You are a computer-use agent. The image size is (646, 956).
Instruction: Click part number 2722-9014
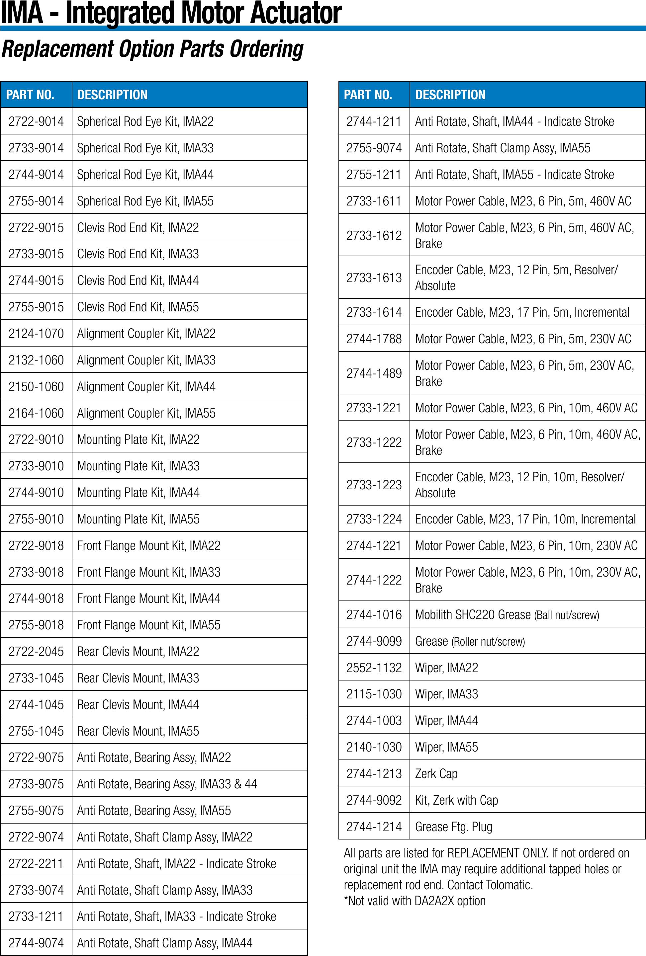point(36,121)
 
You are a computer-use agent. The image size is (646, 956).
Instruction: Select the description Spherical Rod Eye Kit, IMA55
point(145,201)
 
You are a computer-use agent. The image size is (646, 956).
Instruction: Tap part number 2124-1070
point(36,334)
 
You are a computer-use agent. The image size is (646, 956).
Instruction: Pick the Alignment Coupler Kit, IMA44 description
point(146,387)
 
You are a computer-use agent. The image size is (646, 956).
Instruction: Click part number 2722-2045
point(36,652)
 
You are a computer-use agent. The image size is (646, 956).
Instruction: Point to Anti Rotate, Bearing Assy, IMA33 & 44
point(167,784)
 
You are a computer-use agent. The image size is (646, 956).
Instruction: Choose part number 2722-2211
point(36,864)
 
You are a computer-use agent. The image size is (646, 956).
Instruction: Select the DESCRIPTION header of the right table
point(450,95)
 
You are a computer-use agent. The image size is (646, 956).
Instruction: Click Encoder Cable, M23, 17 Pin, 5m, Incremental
point(522,313)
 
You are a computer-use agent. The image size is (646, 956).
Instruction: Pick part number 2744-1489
point(374,373)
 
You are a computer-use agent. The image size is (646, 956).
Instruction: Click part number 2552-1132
point(374,668)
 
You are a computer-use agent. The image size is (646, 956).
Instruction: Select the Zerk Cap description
point(436,774)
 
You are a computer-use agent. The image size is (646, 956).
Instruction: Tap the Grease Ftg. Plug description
point(453,827)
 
